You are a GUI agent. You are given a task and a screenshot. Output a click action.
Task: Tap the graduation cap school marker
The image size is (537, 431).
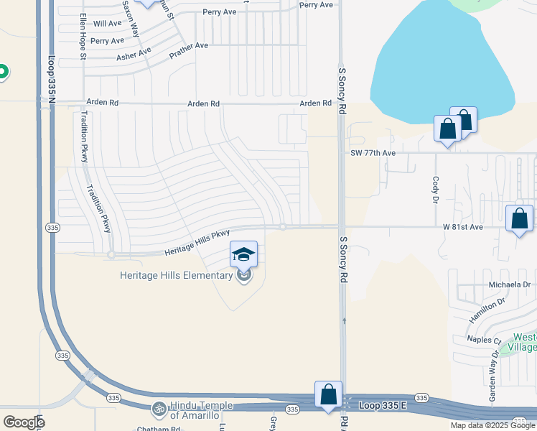pos(243,254)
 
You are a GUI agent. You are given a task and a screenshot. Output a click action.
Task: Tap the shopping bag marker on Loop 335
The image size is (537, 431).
pos(328,395)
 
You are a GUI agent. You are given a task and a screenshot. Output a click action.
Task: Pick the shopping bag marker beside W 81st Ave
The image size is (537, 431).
pos(519,219)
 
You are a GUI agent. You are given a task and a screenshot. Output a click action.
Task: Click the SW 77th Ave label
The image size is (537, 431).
pos(373,153)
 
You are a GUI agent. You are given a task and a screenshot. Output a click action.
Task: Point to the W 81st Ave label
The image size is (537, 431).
pos(464,227)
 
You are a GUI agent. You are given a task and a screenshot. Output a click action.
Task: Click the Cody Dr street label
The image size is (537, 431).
pos(436,190)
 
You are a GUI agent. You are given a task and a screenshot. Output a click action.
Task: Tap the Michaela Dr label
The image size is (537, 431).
pos(509,284)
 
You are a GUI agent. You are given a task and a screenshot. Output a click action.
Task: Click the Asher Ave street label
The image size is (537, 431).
pos(134,54)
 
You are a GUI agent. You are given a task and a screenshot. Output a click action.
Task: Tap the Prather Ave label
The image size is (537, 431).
pos(188,50)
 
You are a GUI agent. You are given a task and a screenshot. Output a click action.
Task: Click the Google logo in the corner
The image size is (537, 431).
pos(24,422)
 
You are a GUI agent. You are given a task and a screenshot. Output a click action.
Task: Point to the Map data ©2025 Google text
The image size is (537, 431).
pos(493,425)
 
